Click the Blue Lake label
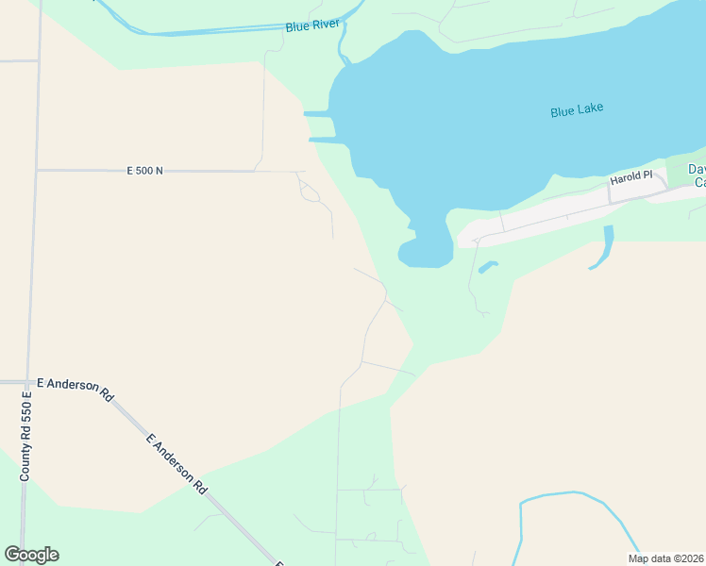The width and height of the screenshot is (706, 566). [x=577, y=109]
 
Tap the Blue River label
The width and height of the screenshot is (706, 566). [x=311, y=26]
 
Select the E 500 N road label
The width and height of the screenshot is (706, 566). [x=145, y=171]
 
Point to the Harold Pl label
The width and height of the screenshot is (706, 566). [x=630, y=177]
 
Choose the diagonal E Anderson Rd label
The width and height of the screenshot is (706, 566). [x=176, y=463]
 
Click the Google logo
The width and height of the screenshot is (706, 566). [x=31, y=555]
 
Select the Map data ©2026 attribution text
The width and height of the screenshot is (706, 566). [x=665, y=558]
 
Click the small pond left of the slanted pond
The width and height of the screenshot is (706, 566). [x=487, y=268]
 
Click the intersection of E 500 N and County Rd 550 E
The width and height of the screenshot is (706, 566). [x=36, y=171]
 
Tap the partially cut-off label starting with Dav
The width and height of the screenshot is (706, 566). [x=696, y=175]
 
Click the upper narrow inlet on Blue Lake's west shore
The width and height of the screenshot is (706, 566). [x=318, y=114]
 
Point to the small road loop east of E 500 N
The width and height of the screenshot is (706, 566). [x=310, y=191]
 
